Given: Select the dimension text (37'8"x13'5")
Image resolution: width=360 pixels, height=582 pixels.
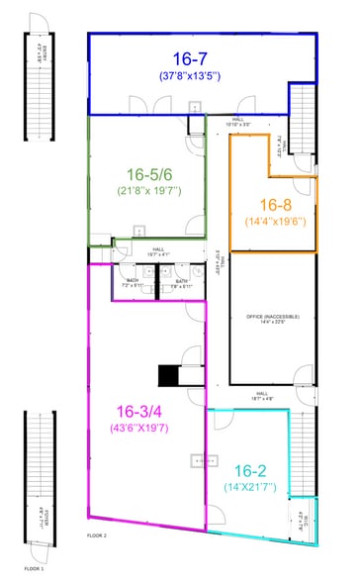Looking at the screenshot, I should click(186, 75).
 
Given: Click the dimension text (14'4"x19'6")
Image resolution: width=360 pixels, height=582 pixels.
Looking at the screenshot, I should click(274, 222).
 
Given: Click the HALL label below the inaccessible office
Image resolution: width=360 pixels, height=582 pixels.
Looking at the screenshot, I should click(262, 393).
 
